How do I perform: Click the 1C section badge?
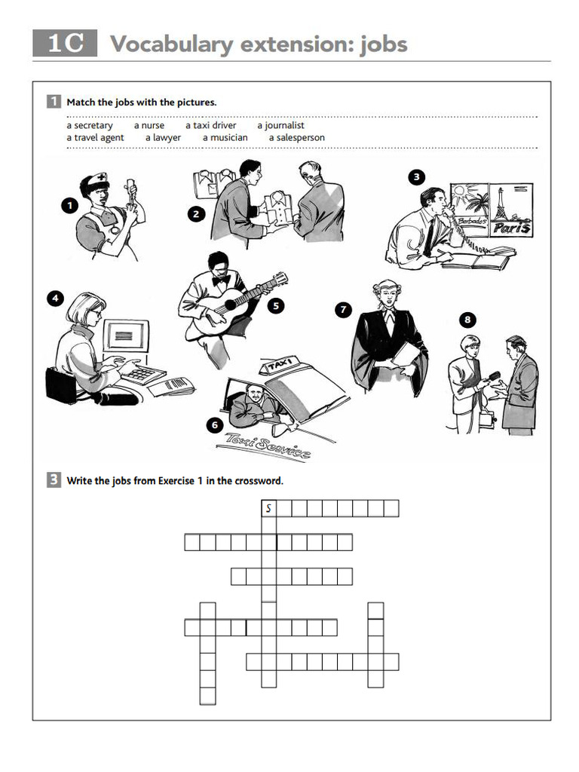tap(65, 44)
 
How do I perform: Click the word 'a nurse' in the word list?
tap(149, 126)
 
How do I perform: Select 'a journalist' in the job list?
tap(280, 126)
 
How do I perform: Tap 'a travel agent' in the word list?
tap(95, 138)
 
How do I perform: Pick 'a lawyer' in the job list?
tap(163, 138)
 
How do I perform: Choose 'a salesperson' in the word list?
tap(296, 138)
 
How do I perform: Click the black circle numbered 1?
tap(69, 204)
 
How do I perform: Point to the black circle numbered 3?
tap(416, 177)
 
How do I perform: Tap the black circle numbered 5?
tap(276, 306)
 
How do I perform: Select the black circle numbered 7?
tap(343, 309)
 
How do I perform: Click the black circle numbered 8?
tap(467, 320)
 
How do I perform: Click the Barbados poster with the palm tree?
tap(469, 208)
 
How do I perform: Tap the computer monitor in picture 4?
tap(124, 335)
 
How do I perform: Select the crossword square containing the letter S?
tap(268, 509)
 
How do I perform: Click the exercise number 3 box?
tap(54, 480)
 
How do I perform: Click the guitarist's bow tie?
tap(221, 279)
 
